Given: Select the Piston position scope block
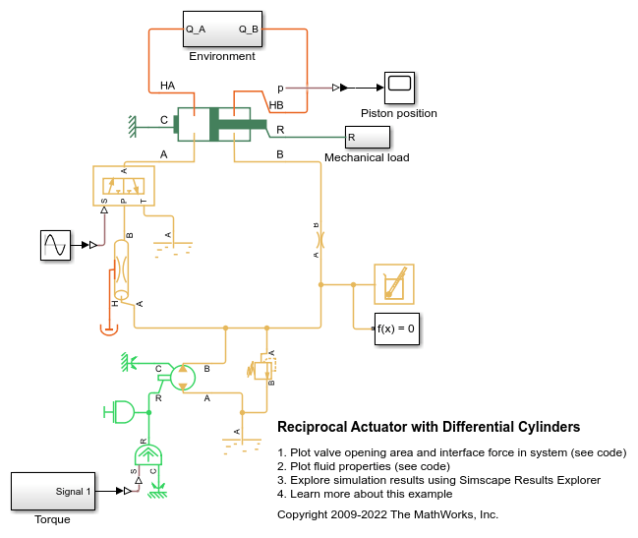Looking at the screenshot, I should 399,88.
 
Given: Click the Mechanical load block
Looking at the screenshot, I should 367,137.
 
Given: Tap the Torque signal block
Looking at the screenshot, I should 53,491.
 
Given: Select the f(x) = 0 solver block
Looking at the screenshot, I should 397,329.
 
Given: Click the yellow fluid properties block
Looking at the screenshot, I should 394,284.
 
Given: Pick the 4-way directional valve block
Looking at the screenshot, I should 124,185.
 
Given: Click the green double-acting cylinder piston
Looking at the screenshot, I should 235,124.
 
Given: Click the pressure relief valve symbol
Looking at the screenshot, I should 262,369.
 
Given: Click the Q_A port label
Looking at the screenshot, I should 196,30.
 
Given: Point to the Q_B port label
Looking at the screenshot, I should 248,30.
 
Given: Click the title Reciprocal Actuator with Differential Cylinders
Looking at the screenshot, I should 429,427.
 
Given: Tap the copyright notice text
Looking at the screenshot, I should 387,514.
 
